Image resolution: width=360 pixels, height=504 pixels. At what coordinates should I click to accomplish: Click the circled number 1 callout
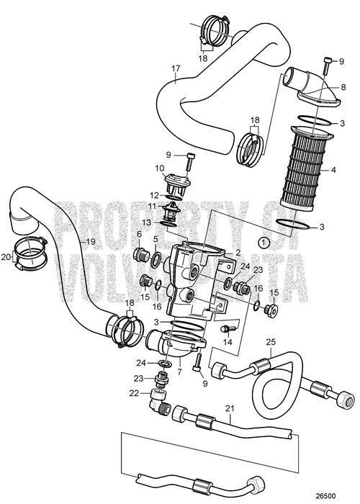click(x=264, y=242)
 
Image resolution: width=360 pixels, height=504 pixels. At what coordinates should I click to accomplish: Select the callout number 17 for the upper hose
click(x=176, y=68)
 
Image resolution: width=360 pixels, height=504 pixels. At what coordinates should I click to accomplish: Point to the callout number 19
click(x=91, y=241)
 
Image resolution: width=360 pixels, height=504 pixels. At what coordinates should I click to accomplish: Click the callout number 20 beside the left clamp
click(x=6, y=257)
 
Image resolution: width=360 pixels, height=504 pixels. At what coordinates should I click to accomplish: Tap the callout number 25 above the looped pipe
click(x=271, y=342)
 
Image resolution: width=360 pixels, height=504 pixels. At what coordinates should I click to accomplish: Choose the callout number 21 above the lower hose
click(x=230, y=409)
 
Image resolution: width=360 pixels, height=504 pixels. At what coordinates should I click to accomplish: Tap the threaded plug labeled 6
click(x=141, y=256)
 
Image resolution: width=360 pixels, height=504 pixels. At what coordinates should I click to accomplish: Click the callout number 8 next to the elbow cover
click(x=343, y=87)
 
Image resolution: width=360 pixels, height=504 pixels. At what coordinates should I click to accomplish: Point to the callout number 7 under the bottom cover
click(x=179, y=372)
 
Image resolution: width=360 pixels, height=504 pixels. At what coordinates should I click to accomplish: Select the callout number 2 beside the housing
click(x=238, y=252)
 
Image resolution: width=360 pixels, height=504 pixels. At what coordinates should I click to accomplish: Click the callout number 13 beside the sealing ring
click(x=146, y=222)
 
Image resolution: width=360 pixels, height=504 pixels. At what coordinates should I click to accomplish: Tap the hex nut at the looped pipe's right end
click(x=344, y=399)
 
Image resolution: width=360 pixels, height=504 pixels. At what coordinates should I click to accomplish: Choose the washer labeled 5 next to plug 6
click(x=156, y=259)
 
